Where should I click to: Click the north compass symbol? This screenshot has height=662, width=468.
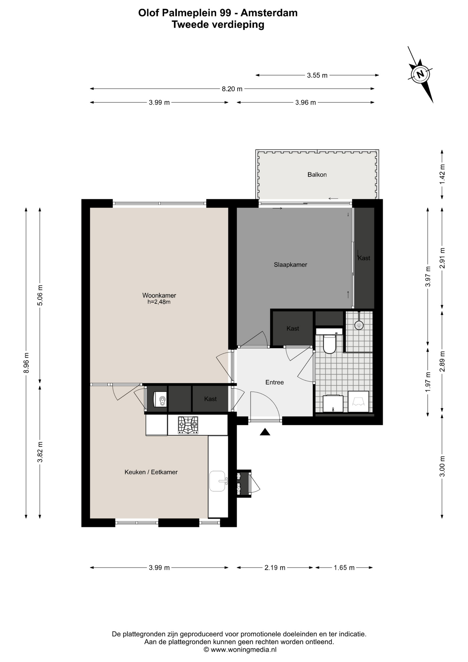pos(420,74)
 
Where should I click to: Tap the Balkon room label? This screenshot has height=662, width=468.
pos(317,174)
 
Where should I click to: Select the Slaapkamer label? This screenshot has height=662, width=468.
pos(291,264)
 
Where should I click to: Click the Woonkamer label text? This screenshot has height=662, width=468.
pos(159,295)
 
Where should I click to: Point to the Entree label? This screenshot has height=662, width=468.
pos(275,382)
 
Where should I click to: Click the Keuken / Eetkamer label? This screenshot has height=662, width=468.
pos(151,472)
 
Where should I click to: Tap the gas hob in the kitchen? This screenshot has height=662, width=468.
pos(188,425)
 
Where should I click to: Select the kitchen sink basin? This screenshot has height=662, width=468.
pos(217,481)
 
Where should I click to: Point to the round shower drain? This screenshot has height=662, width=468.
pos(359,325)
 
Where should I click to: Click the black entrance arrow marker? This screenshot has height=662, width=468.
pos(265,432)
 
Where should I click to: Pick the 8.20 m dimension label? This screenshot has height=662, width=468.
pos(232,89)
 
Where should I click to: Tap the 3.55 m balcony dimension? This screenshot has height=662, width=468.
pos(317,75)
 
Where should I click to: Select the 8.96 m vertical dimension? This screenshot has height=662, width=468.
pos(26,363)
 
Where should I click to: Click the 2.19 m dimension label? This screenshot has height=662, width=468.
pos(275,568)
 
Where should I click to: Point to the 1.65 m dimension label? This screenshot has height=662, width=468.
pos(344,568)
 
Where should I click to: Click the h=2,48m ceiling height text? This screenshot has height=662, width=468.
pos(159,302)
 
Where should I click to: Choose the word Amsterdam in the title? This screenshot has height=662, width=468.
pos(269,13)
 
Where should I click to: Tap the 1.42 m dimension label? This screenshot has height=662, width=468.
pos(442,174)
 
